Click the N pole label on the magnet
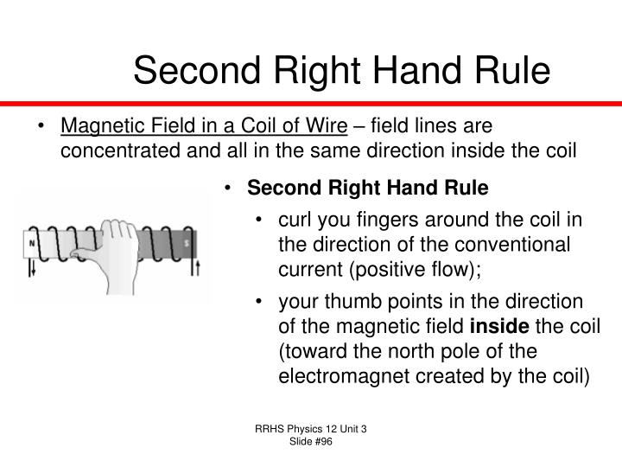pyautogui.click(x=33, y=243)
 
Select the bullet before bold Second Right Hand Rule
pyautogui.click(x=227, y=189)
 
